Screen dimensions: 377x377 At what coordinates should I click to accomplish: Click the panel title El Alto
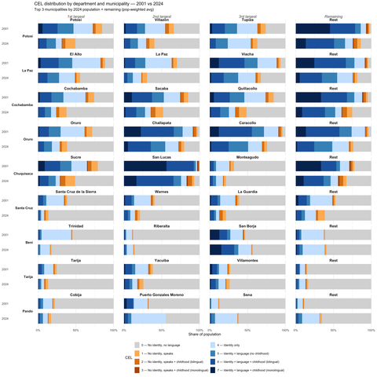click(x=76, y=54)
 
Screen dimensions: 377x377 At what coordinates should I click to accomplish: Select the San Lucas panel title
click(x=161, y=157)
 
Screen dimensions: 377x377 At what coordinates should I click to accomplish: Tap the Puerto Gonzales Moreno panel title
click(x=161, y=295)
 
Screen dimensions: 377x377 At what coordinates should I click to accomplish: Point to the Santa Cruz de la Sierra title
click(x=76, y=192)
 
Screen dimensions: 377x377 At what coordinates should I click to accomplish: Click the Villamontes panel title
click(x=247, y=260)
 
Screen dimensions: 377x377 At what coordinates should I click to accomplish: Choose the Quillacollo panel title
click(x=247, y=89)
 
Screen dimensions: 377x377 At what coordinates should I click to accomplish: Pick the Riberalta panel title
click(x=161, y=226)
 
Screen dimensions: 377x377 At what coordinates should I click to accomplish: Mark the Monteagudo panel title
click(x=247, y=157)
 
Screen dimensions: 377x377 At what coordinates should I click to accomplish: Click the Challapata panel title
click(x=161, y=123)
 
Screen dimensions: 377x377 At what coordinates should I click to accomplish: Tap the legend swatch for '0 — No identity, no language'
click(x=137, y=345)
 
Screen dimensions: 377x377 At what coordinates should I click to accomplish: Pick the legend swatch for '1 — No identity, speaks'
click(x=137, y=354)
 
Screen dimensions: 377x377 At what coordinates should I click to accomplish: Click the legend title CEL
click(x=116, y=358)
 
